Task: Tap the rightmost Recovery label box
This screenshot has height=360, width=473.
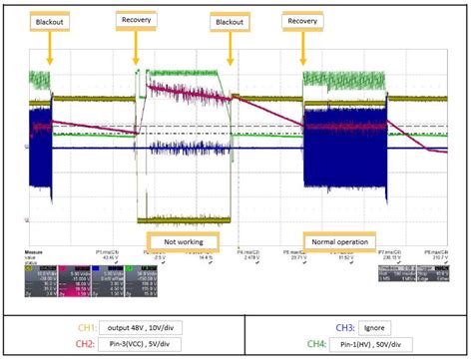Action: [301, 20]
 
